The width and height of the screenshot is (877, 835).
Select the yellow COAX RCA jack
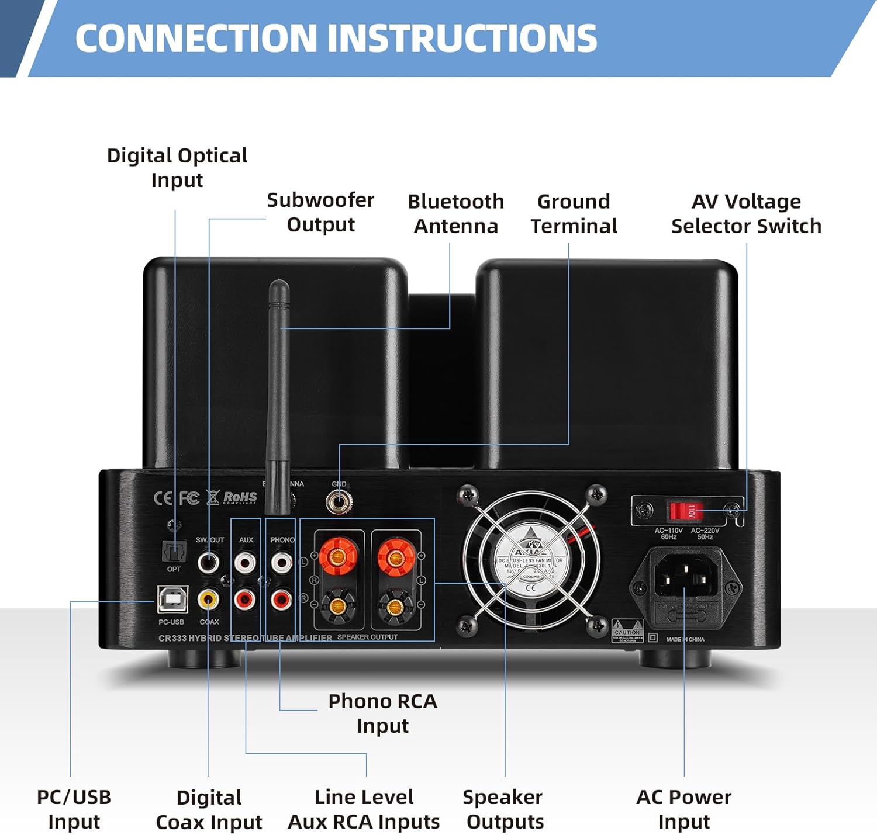coord(209,599)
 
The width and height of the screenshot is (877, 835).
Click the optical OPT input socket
coord(174,550)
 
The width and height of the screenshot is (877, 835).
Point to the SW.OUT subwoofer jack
coord(209,563)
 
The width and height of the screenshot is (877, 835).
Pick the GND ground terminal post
coord(339,501)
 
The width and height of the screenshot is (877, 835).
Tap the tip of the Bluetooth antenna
coord(279,285)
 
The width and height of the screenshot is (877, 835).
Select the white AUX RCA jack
coord(245,563)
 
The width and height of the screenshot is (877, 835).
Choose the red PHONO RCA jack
coord(281,599)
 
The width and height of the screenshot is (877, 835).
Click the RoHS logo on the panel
coord(240,498)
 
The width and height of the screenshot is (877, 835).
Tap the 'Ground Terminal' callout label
coord(574,214)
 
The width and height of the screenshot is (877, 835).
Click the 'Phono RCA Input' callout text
coord(382,713)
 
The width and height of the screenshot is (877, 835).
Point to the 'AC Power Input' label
coord(683,809)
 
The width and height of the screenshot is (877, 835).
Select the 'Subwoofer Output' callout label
coord(320,212)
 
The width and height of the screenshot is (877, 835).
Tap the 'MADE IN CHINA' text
coord(685,639)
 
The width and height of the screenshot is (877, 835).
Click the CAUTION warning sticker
coord(627,631)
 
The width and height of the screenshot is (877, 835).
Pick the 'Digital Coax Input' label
coord(209,810)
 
